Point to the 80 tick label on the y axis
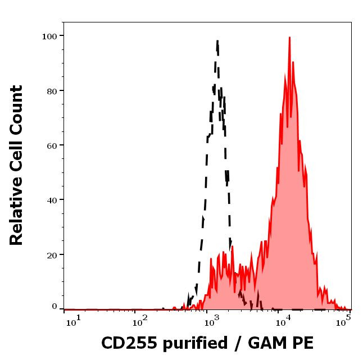(x=52, y=90)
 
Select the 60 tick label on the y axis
(x=52, y=145)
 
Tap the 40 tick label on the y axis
(x=52, y=200)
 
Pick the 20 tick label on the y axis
(x=52, y=254)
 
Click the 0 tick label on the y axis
(x=55, y=307)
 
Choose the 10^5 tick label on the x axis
(x=344, y=320)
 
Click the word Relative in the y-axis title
(x=16, y=215)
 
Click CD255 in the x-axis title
(x=127, y=343)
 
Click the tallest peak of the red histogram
(x=289, y=38)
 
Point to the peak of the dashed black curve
(x=217, y=40)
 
